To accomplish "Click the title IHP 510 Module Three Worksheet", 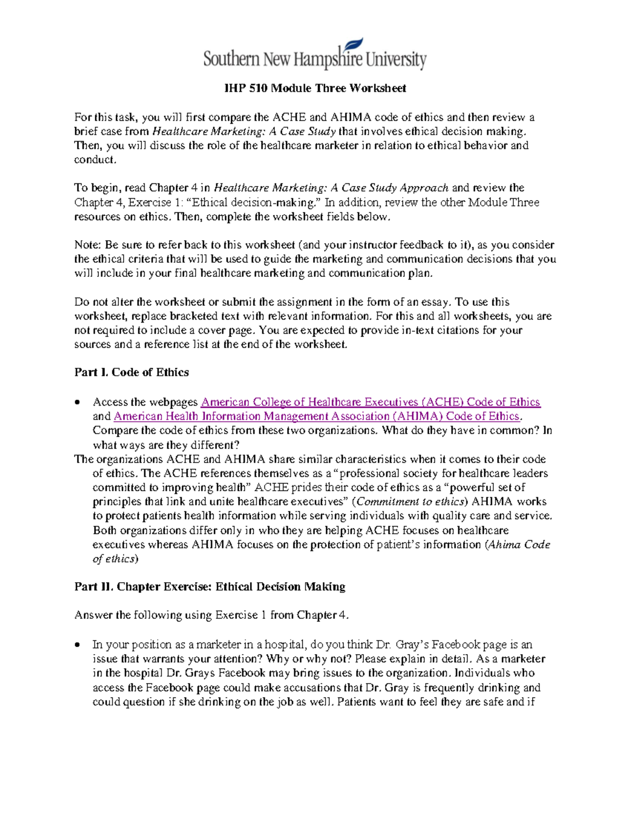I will (315, 88).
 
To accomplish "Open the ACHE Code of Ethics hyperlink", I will (370, 402).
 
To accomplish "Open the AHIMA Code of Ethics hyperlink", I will (317, 416).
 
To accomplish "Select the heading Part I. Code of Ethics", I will (131, 373).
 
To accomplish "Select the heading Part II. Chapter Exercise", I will (210, 587).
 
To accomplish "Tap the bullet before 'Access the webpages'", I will (78, 402).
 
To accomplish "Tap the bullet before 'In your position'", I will (78, 645).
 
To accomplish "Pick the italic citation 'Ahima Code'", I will (520, 545).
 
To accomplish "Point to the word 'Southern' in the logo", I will (231, 59).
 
